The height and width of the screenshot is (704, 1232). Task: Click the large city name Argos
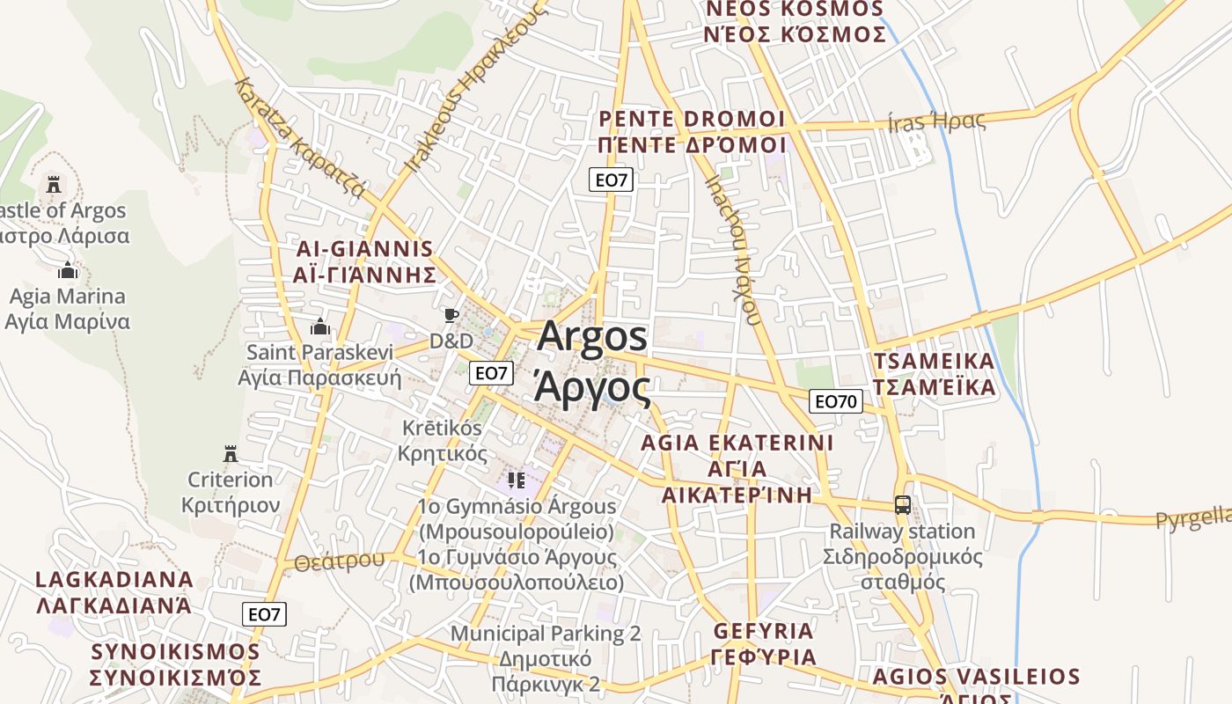[592, 337]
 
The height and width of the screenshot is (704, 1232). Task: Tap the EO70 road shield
[835, 401]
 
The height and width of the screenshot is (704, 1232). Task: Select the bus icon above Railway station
[902, 505]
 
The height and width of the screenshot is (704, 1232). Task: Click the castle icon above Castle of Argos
[54, 185]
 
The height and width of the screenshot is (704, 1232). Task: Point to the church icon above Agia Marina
[68, 270]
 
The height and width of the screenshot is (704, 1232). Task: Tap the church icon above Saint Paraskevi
[319, 326]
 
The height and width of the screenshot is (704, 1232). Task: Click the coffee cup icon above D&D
[451, 315]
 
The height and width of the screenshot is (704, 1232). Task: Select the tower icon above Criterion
[231, 454]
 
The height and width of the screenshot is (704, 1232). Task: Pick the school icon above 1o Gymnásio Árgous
[516, 480]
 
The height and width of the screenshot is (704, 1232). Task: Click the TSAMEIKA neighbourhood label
[934, 362]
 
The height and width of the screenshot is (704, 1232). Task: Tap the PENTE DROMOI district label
[691, 119]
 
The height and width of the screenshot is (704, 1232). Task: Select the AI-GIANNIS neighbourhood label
[364, 249]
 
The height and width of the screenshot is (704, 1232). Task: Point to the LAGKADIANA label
[114, 580]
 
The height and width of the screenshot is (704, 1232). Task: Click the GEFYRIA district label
[763, 631]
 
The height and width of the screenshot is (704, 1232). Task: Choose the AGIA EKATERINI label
[737, 442]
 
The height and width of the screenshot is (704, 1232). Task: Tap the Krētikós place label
[442, 428]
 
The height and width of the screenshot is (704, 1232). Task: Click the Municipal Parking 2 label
[546, 634]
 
